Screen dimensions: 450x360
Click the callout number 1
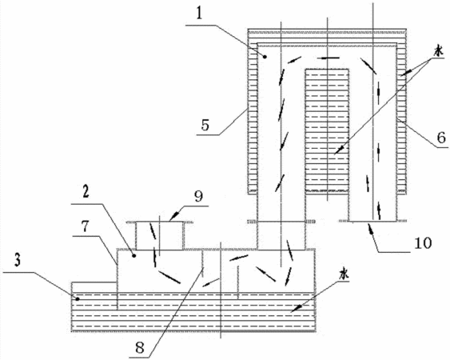pos(200,14)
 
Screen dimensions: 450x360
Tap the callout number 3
pos(18,260)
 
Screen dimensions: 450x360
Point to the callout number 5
pos(205,125)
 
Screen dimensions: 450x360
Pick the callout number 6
pos(441,138)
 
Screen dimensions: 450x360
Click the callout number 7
pos(86,226)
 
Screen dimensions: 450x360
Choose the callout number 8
pos(140,348)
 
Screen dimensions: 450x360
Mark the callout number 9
pos(198,196)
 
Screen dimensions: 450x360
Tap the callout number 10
pos(423,243)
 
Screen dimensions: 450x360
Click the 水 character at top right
pos(438,52)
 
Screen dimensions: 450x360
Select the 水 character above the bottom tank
pos(344,274)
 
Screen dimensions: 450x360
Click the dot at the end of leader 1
pos(265,57)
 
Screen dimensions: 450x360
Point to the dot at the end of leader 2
pos(133,255)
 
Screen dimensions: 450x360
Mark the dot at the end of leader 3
pos(78,299)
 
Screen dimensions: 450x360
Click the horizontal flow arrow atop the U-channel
pos(330,58)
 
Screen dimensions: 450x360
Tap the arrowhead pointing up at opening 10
pos(369,228)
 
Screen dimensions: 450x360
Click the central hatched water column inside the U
pos(327,130)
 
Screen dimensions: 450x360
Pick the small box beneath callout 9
pos(160,235)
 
